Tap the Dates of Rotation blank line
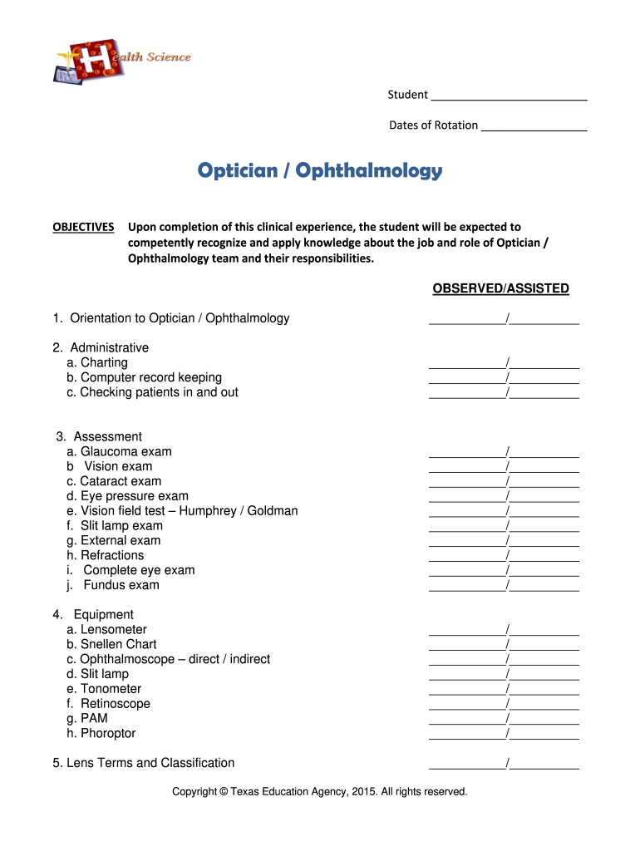pyautogui.click(x=534, y=125)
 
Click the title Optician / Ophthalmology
pyautogui.click(x=320, y=171)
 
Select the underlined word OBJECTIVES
pyautogui.click(x=84, y=227)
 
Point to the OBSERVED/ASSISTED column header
pyautogui.click(x=500, y=288)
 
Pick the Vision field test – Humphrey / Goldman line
pyautogui.click(x=182, y=511)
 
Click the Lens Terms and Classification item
pyautogui.click(x=143, y=763)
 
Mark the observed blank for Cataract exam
pyautogui.click(x=466, y=482)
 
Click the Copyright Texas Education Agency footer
pyautogui.click(x=320, y=792)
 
